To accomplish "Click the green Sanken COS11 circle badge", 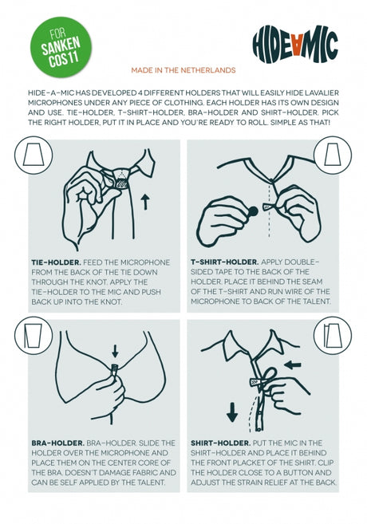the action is (61, 47).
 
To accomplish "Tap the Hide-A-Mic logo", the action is (295, 45).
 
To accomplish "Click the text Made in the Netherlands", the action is (183, 70).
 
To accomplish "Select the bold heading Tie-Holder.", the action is (56, 262).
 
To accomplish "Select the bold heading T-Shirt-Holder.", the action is (225, 262).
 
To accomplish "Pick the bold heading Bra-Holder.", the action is (57, 443).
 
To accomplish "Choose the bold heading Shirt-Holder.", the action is (221, 443).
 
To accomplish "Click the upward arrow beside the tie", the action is (145, 202).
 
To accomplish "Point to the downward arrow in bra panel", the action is (116, 351).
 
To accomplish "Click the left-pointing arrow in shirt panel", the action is (293, 364).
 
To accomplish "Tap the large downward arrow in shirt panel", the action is (232, 412).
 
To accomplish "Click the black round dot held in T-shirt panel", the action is (253, 211).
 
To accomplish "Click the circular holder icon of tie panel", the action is (34, 155).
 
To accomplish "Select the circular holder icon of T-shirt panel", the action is (333, 155).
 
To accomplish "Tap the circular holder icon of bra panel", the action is (34, 335).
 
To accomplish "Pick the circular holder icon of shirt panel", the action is (333, 335).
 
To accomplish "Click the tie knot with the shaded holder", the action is (120, 179).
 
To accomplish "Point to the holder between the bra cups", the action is (115, 370).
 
